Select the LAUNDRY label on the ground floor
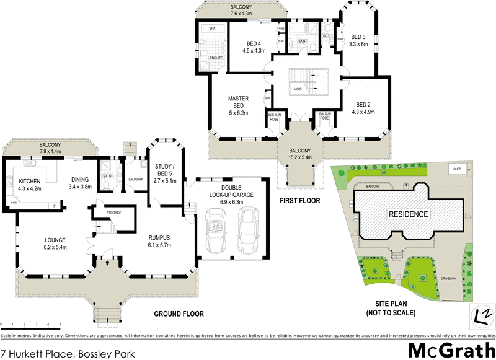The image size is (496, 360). pos(136,180)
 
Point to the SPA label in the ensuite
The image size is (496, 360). pos(211,29)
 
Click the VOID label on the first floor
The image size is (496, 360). pos(298,89)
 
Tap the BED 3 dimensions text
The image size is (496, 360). pos(358,44)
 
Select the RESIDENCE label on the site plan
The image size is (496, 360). pos(408,214)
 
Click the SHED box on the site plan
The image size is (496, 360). pos(457,168)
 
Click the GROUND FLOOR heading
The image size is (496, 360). pos(179,314)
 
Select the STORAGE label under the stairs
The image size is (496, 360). pos(113,213)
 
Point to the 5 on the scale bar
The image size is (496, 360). pos(60,324)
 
